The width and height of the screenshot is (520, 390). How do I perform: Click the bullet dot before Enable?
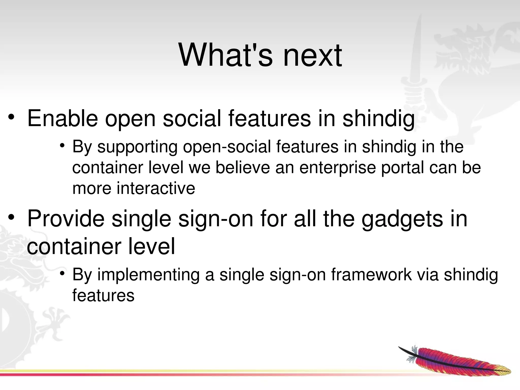point(11,117)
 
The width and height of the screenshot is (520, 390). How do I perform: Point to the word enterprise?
point(337,168)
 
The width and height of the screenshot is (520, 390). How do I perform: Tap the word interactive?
point(156,188)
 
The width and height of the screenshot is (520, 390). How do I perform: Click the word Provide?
point(66,219)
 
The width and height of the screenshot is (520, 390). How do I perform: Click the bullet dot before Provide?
point(11,218)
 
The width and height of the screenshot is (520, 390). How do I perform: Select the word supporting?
point(137,147)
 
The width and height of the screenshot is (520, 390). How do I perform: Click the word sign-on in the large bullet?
point(216,219)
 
